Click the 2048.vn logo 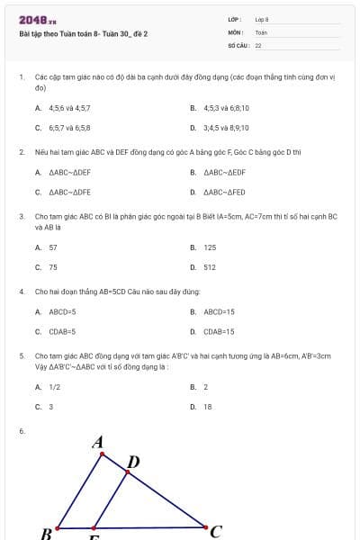click(37, 20)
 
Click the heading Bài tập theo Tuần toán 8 click(83, 33)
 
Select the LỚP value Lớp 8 click(262, 19)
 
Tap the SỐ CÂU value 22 click(258, 44)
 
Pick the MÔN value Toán click(261, 31)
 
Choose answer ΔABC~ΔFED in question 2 click(224, 192)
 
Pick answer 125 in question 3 click(210, 247)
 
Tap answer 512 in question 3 click(210, 267)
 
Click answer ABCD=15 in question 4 click(219, 311)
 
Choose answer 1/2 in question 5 click(55, 387)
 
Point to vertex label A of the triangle click(99, 442)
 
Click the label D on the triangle click(133, 463)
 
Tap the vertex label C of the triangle click(215, 531)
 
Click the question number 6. click(21, 432)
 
